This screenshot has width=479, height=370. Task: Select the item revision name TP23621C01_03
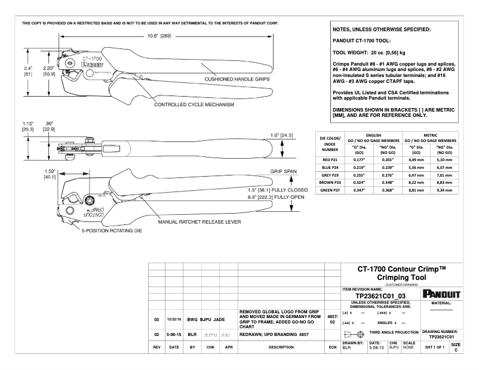tap(380, 295)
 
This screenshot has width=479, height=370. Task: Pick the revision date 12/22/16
tap(174, 319)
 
